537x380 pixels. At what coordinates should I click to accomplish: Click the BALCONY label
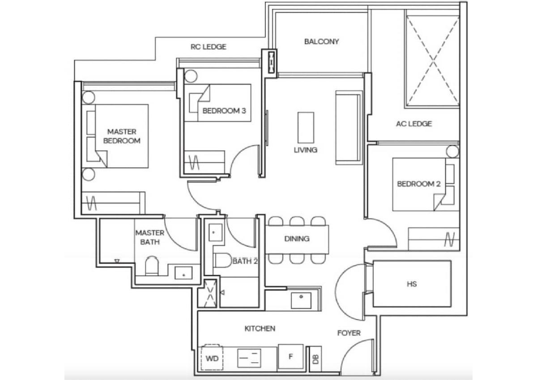pyautogui.click(x=321, y=42)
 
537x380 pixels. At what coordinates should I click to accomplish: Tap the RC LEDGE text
pyautogui.click(x=209, y=46)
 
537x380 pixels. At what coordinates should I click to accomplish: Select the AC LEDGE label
pyautogui.click(x=414, y=124)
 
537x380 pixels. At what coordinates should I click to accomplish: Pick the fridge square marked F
pyautogui.click(x=290, y=357)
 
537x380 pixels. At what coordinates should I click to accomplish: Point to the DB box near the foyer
pyautogui.click(x=315, y=359)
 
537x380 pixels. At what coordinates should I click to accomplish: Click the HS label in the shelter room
pyautogui.click(x=412, y=284)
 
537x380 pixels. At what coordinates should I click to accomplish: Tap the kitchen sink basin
pyautogui.click(x=301, y=300)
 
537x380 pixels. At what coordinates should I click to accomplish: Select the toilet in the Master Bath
pyautogui.click(x=152, y=266)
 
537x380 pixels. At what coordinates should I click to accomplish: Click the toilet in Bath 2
pyautogui.click(x=223, y=260)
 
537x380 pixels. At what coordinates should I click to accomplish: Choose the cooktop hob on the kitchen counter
pyautogui.click(x=249, y=358)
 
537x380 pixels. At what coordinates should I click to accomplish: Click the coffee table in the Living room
pyautogui.click(x=306, y=127)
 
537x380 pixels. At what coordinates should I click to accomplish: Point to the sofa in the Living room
pyautogui.click(x=349, y=127)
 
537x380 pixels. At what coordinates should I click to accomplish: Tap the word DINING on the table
pyautogui.click(x=297, y=239)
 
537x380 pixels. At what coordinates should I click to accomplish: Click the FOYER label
pyautogui.click(x=349, y=333)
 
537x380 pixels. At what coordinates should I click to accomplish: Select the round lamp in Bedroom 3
pyautogui.click(x=191, y=76)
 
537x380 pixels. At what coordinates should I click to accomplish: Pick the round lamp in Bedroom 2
pyautogui.click(x=452, y=152)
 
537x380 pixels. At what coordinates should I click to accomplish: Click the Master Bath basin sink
pyautogui.click(x=183, y=273)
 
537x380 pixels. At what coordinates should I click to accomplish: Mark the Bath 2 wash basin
pyautogui.click(x=215, y=232)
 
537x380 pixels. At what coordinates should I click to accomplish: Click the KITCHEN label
pyautogui.click(x=260, y=329)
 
